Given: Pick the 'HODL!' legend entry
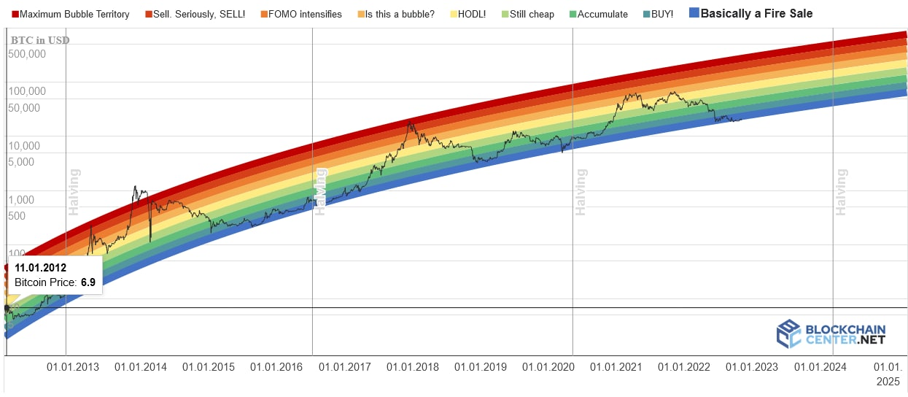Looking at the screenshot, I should tap(471, 14).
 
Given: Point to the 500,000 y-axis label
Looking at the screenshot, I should tap(27, 54).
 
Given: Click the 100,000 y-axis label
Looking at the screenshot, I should tap(27, 92).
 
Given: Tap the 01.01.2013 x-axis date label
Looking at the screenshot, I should tap(73, 367).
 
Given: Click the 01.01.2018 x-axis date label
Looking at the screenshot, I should tap(413, 367).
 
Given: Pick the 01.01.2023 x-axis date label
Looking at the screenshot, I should tap(752, 367).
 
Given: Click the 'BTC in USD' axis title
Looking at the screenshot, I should tap(40, 40).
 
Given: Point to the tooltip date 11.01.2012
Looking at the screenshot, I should tap(40, 268).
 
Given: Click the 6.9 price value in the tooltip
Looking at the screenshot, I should tap(88, 282).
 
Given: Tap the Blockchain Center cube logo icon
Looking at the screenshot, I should tap(788, 334).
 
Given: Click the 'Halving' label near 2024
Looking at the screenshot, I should tap(842, 192).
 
